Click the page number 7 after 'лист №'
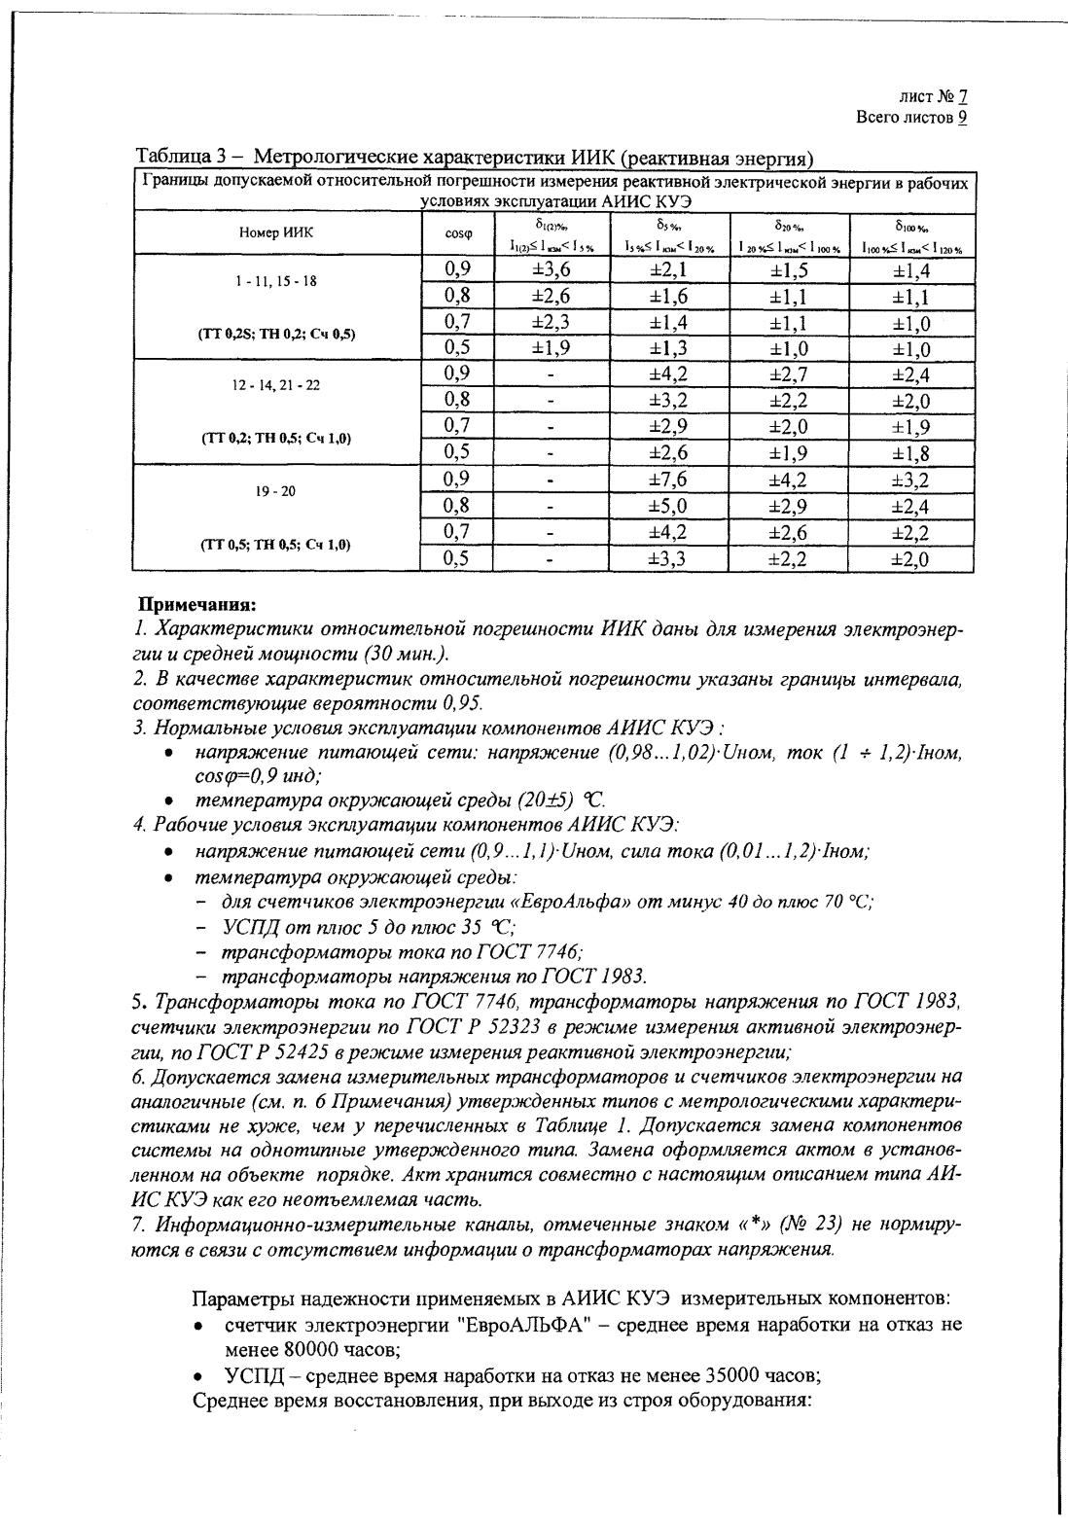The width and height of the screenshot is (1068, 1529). [962, 96]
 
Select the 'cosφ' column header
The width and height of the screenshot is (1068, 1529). [457, 233]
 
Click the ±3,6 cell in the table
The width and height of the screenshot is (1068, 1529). [551, 270]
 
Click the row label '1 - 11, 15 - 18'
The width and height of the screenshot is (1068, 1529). [276, 280]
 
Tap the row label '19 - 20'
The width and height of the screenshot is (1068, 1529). [276, 491]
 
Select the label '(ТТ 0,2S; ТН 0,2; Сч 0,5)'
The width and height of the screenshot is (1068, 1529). [276, 334]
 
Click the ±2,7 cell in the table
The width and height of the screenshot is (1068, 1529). [789, 374]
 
